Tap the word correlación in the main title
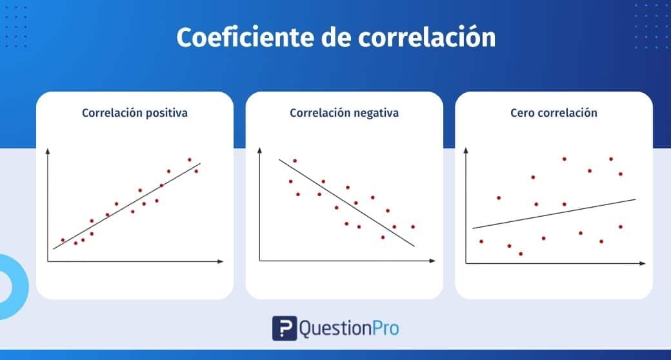[426, 37]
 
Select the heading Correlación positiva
[135, 113]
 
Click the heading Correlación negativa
[344, 113]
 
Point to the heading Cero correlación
[554, 113]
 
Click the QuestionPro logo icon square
[285, 328]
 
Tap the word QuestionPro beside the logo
[349, 329]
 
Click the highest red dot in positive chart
[190, 159]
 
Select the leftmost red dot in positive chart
[63, 240]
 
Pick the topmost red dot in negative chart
[295, 161]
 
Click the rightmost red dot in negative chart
[413, 227]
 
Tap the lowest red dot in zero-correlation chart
[521, 254]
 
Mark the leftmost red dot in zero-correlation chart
[481, 241]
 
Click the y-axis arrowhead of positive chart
[48, 151]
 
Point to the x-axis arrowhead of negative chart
[432, 261]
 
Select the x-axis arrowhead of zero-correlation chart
[643, 263]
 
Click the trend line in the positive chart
[126, 206]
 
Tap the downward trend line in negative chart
[346, 203]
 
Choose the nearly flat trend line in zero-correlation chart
[554, 214]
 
